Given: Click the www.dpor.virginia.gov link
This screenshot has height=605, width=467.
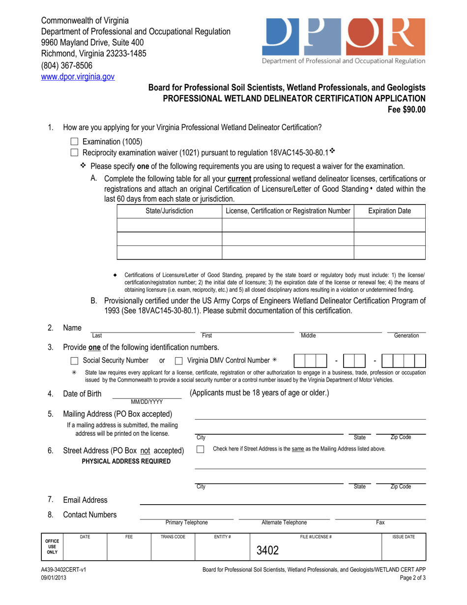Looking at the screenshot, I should [78, 76].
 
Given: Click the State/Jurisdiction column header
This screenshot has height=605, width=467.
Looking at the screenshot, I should [170, 212].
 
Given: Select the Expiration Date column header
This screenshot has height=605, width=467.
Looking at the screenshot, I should [389, 212].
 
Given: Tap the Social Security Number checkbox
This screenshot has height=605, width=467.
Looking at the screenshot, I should [74, 362].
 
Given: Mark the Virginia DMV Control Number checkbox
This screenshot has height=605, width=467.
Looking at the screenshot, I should [179, 362].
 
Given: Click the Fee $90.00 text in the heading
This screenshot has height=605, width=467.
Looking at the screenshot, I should [407, 109].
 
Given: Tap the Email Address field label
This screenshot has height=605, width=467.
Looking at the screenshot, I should [85, 500].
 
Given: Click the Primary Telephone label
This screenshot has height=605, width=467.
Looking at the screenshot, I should [186, 522].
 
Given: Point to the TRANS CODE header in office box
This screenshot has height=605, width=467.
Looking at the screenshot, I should [173, 537].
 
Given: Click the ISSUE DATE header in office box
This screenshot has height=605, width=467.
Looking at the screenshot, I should [404, 537].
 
